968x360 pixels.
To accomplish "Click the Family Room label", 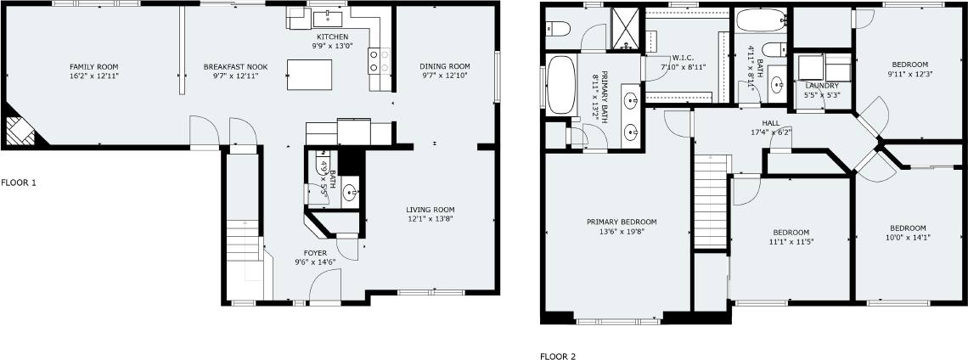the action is click(94, 67).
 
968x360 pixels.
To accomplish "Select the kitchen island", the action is click(309, 75).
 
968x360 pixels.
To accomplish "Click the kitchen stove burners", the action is click(379, 61).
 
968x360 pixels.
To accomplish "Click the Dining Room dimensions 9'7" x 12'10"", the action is click(445, 76).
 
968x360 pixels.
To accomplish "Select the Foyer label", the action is click(315, 253).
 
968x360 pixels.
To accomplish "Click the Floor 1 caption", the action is click(19, 183).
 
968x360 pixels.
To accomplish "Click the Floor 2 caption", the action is click(558, 357).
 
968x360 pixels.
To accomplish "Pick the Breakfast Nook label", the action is click(231, 67).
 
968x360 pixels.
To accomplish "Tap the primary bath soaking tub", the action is click(561, 85).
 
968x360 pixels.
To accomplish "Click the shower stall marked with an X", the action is click(627, 28).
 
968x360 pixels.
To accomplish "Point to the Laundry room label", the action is click(822, 85).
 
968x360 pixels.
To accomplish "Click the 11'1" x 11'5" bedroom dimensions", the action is click(791, 242).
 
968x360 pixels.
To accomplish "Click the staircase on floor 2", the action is click(712, 201).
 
